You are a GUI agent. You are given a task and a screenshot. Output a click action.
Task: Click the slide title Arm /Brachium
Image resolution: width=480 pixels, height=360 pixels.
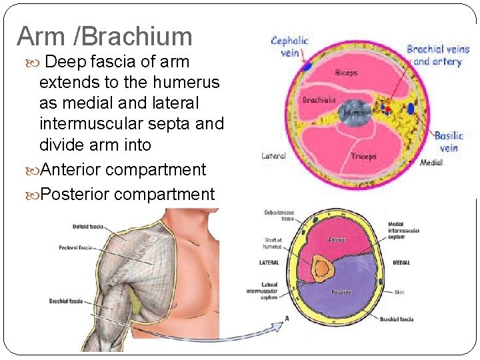click(105, 36)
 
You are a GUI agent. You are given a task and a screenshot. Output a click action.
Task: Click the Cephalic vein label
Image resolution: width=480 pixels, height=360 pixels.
click(290, 46)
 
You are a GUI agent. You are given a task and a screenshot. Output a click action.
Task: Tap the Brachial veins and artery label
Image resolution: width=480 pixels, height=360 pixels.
click(437, 55)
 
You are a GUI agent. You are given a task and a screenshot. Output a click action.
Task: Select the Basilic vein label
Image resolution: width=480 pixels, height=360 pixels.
click(449, 141)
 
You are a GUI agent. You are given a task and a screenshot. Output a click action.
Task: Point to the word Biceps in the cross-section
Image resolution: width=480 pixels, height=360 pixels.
click(347, 73)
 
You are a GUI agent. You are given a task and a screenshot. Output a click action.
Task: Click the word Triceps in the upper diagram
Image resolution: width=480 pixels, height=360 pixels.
click(364, 156)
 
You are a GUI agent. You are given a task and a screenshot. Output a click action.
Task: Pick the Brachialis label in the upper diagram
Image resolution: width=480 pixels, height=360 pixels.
click(319, 101)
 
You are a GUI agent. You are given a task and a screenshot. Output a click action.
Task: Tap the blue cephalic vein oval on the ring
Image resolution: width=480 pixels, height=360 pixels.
click(307, 67)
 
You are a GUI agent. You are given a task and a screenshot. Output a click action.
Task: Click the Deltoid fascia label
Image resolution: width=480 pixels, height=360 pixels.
click(87, 227)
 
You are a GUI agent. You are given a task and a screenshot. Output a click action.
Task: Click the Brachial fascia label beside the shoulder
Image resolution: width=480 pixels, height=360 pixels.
click(65, 301)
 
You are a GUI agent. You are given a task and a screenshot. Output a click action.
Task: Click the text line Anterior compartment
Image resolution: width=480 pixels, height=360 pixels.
click(123, 169)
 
